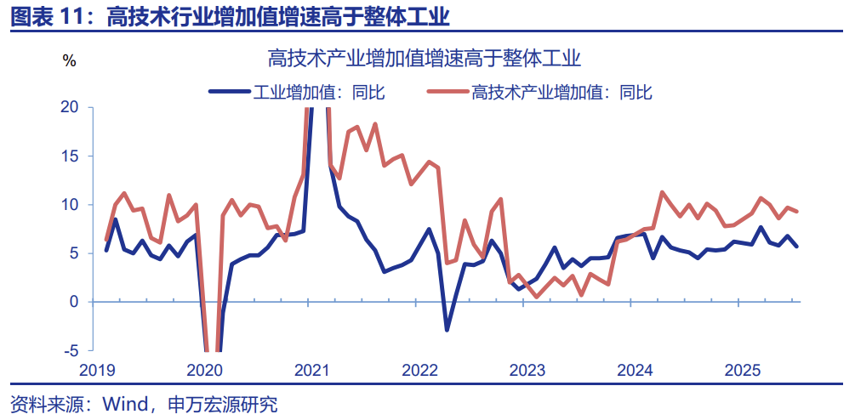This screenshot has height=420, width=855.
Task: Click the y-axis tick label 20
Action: point(70,107)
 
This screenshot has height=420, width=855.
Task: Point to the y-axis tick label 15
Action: point(70,156)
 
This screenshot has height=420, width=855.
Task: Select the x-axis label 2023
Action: point(527,371)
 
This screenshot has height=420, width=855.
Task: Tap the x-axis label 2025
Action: point(742,371)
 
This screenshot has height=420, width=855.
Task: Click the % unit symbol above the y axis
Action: point(70,60)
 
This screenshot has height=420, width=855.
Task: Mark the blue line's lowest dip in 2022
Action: point(447,330)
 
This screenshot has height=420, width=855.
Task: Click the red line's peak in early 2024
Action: point(662,193)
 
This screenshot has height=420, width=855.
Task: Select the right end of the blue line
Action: point(796,247)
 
